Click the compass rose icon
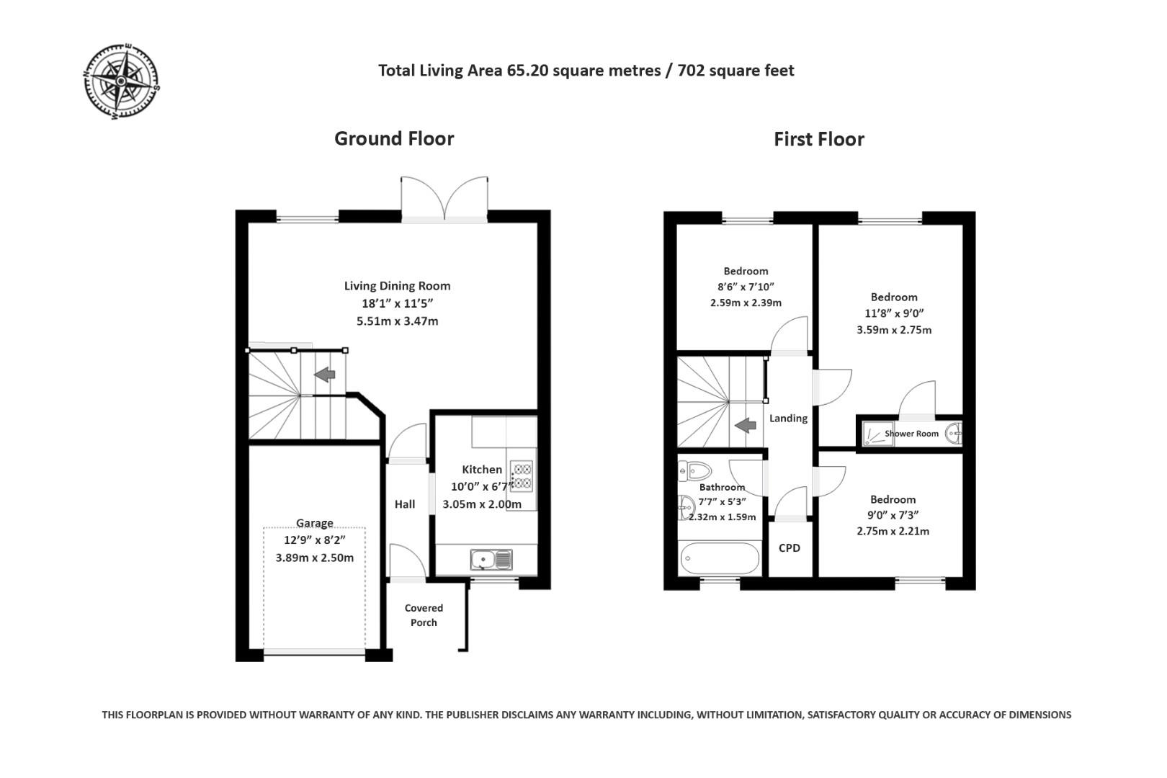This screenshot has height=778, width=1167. (x=121, y=81)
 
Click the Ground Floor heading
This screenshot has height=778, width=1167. (x=393, y=138)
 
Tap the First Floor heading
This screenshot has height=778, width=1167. (x=818, y=139)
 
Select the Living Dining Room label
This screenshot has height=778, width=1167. (x=397, y=286)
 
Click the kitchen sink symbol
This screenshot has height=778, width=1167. (x=491, y=559)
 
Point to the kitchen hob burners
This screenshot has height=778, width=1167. (x=522, y=475)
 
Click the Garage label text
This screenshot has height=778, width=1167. (x=314, y=523)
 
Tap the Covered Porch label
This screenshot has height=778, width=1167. (x=424, y=615)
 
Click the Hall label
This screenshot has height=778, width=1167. (x=404, y=504)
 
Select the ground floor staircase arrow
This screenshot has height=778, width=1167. (x=325, y=375)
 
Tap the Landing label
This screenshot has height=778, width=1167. (x=788, y=419)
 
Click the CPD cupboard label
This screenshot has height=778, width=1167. (x=789, y=548)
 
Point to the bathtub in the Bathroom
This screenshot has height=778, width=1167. (x=719, y=559)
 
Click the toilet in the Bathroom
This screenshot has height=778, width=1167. (x=694, y=472)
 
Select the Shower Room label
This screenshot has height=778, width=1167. (x=911, y=434)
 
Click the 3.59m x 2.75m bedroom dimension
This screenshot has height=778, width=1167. (x=893, y=330)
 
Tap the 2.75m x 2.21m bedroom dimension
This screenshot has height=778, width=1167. (x=893, y=532)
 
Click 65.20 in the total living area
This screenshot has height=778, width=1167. (x=527, y=71)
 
